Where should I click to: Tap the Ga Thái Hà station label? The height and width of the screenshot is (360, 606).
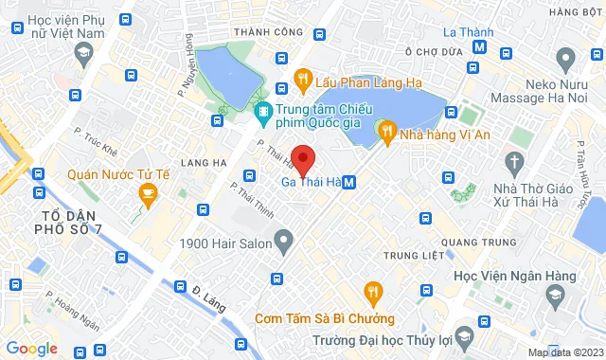click(311, 182)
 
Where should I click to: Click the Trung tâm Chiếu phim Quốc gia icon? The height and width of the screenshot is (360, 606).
click(262, 112)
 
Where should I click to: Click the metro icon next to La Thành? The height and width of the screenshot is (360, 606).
click(481, 45)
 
